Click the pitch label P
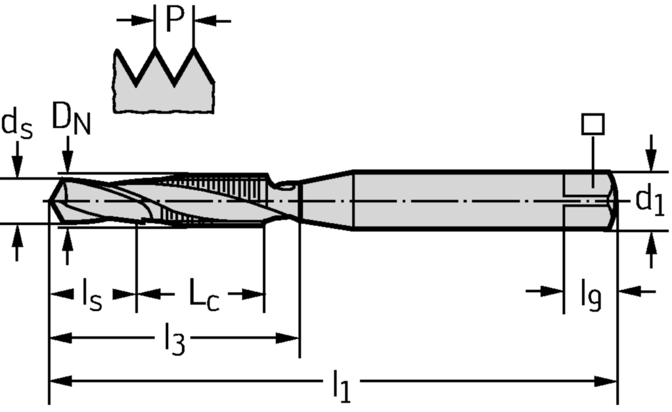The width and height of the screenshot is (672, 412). click(x=175, y=19)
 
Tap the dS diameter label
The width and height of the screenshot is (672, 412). click(x=16, y=125)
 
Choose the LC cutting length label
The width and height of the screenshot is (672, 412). click(x=204, y=295)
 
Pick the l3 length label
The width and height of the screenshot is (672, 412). click(x=175, y=339)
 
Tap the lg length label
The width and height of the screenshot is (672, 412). click(x=591, y=295)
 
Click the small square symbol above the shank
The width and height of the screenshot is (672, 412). click(x=593, y=124)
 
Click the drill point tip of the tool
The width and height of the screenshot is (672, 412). click(x=49, y=200)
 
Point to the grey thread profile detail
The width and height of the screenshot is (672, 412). click(x=163, y=81)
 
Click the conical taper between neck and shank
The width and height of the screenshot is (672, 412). click(x=326, y=201)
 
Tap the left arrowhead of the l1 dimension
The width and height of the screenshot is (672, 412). click(x=60, y=381)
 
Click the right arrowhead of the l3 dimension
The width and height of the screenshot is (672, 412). click(x=288, y=339)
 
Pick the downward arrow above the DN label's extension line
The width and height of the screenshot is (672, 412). click(x=67, y=154)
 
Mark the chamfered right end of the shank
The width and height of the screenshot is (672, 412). click(x=613, y=201)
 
